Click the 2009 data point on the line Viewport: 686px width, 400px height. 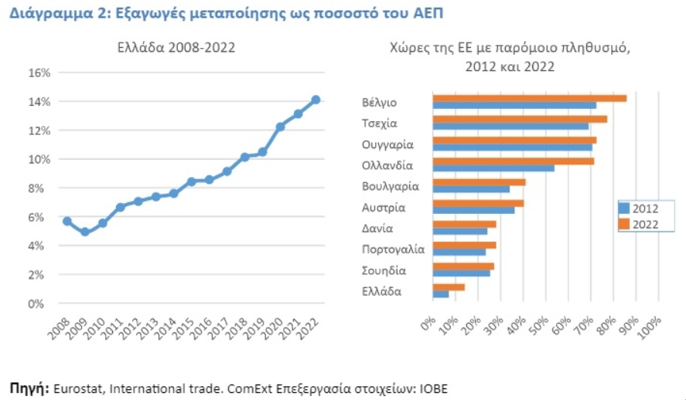coord(85,232)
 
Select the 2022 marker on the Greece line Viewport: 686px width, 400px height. coord(316,100)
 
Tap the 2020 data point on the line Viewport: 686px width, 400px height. coord(280,127)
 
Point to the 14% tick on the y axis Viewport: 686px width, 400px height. coord(39,102)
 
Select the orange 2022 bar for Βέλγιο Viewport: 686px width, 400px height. coord(529,98)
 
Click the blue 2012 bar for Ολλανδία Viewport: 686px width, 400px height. coord(493,168)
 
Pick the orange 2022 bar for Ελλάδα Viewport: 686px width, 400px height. coord(449,287)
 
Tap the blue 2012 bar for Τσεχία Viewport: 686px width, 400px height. coord(510,126)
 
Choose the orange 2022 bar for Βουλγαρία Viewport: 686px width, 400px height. coord(479,182)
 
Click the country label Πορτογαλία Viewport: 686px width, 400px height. coord(393,249)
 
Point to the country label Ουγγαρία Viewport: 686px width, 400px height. coord(387,144)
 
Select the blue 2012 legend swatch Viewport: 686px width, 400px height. coord(624,208)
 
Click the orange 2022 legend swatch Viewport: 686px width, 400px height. coord(624,224)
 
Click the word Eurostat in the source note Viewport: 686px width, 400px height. coord(78,388)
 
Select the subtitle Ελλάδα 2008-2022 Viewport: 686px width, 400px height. coord(176,47)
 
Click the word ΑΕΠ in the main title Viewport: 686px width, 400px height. coord(428,13)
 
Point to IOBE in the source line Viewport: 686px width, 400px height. coord(434,388)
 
